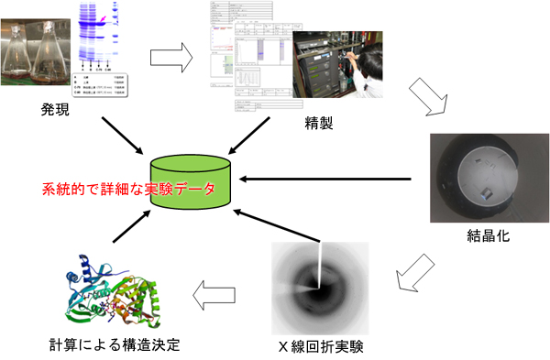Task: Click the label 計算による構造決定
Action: (x=109, y=345)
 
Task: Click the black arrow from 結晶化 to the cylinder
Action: (x=340, y=178)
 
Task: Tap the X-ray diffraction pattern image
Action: (x=321, y=289)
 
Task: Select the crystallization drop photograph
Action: (x=487, y=179)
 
